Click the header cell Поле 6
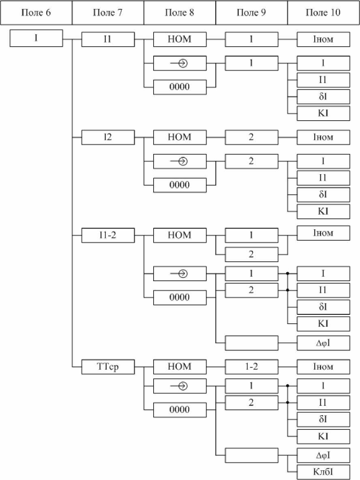pos(36,13)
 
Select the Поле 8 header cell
pos(180,13)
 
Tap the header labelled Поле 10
pos(323,13)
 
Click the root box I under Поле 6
pos(36,39)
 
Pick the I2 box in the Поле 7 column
pos(107,137)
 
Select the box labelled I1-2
pos(107,235)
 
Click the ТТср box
pos(107,367)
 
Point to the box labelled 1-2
pos(251,367)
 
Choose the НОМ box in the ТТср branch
pos(179,367)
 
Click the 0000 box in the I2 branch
pos(179,185)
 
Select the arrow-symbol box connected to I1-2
pos(179,274)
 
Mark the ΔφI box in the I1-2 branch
pos(323,343)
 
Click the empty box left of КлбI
pos(251,455)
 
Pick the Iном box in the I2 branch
pos(323,137)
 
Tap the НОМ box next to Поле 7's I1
pos(179,39)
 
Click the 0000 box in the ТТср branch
pos(179,410)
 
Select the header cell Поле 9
pos(251,13)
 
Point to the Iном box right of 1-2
pos(323,367)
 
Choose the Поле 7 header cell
pos(107,13)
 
